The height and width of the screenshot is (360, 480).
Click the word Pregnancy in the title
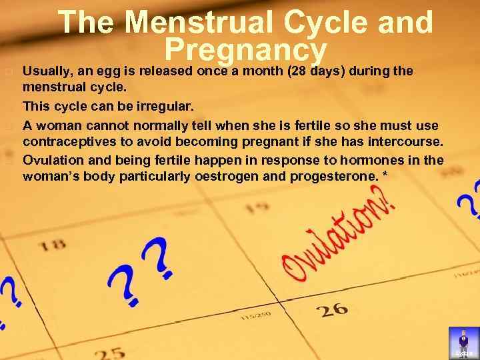tap(245, 50)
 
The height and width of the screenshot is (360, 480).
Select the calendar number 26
tap(331, 309)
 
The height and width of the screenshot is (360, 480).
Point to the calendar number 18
tap(53, 244)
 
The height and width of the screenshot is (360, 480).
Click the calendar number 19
tap(257, 208)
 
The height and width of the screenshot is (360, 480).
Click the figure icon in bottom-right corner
tap(464, 343)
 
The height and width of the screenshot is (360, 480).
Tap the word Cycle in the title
tap(323, 22)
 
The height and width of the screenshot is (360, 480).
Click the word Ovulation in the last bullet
tap(51, 159)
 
